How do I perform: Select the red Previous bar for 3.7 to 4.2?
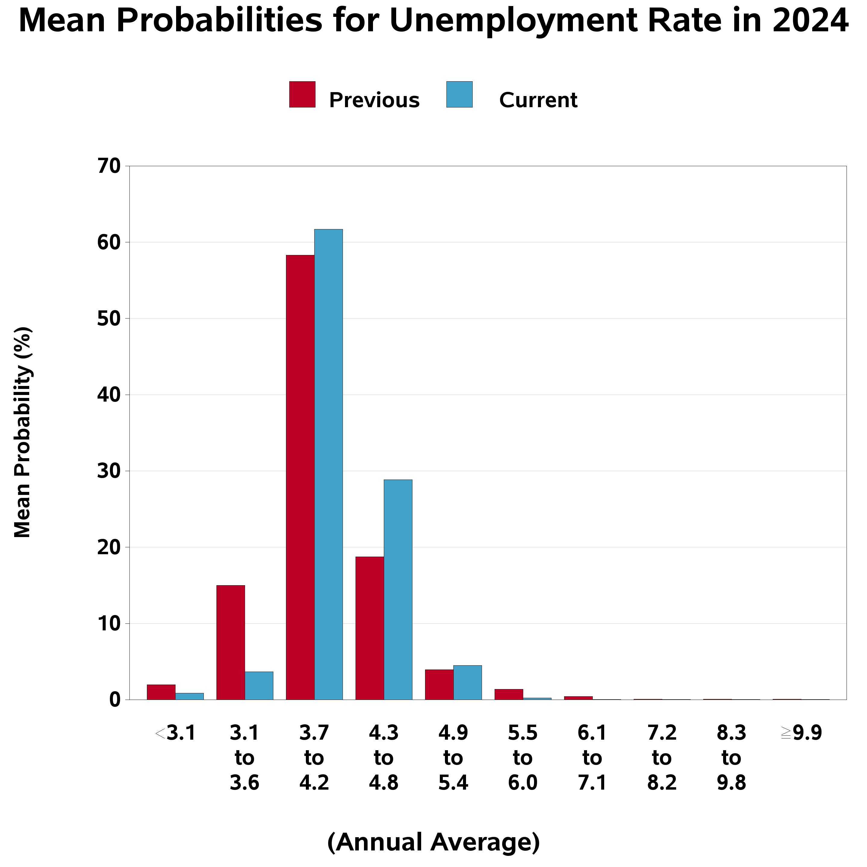tap(300, 477)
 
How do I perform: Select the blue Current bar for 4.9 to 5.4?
tap(467, 682)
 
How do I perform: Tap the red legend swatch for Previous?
tap(302, 94)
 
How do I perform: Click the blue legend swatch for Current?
tap(459, 94)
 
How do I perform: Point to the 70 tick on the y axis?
tap(109, 166)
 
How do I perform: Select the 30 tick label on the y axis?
tap(109, 471)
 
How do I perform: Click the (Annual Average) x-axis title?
tap(433, 842)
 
